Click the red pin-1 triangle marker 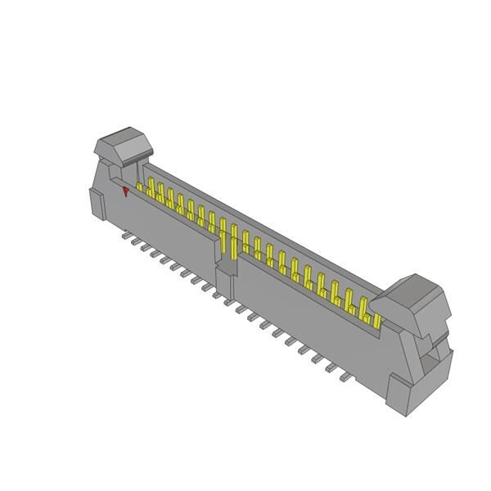[125, 191]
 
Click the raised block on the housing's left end [97, 203]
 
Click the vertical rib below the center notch [225, 282]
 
